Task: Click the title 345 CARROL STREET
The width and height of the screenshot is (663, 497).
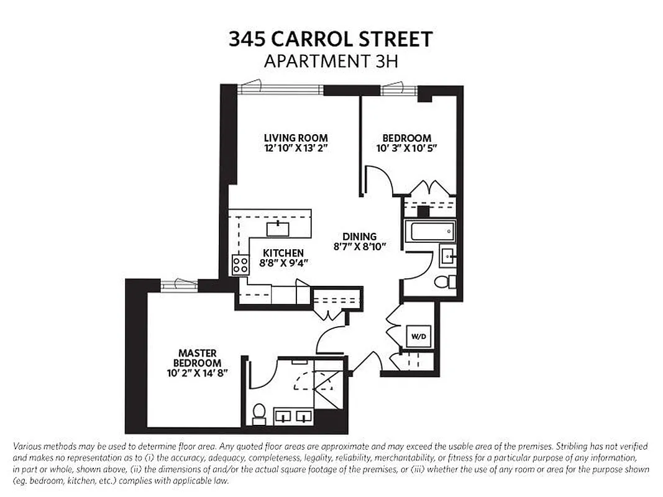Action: pyautogui.click(x=331, y=39)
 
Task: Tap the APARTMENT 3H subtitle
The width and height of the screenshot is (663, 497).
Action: pyautogui.click(x=331, y=61)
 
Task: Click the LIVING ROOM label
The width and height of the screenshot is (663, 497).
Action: pyautogui.click(x=296, y=138)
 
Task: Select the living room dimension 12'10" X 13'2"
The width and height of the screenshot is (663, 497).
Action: pyautogui.click(x=296, y=148)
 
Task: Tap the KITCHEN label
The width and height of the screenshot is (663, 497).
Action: pyautogui.click(x=283, y=253)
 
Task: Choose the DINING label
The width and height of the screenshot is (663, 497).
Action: pyautogui.click(x=360, y=236)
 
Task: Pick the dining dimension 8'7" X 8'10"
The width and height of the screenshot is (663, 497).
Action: pyautogui.click(x=360, y=247)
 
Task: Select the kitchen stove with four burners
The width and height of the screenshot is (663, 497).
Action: pyautogui.click(x=240, y=265)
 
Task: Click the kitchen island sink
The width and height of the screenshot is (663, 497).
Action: pyautogui.click(x=278, y=229)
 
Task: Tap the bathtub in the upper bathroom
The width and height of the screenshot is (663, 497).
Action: pyautogui.click(x=429, y=232)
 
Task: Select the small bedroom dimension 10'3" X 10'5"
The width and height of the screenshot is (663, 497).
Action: pyautogui.click(x=406, y=148)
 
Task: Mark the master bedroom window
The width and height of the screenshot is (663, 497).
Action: pyautogui.click(x=179, y=284)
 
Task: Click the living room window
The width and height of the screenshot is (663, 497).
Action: pyautogui.click(x=281, y=89)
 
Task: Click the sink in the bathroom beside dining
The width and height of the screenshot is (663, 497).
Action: pyautogui.click(x=447, y=255)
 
